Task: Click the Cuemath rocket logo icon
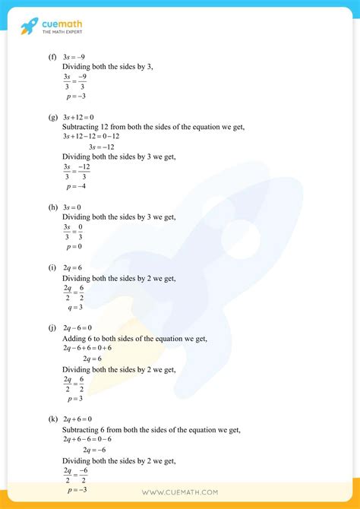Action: pos(30,27)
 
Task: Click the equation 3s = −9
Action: pos(74,56)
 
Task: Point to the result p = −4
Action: pos(76,186)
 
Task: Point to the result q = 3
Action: pos(74,307)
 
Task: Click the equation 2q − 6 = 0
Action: pos(80,328)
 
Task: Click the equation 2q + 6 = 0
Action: pos(80,419)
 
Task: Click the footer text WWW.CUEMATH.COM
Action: pos(180,493)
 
